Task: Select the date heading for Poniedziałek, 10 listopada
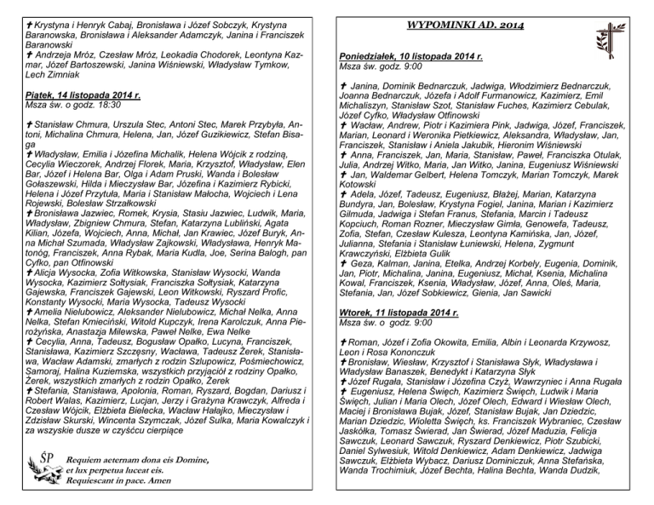(x=411, y=55)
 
